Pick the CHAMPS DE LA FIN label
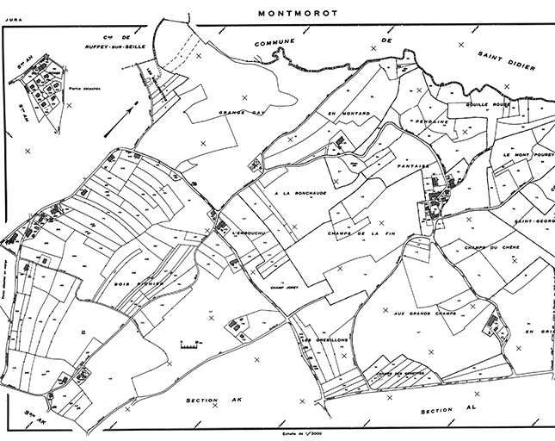click(359, 233)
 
